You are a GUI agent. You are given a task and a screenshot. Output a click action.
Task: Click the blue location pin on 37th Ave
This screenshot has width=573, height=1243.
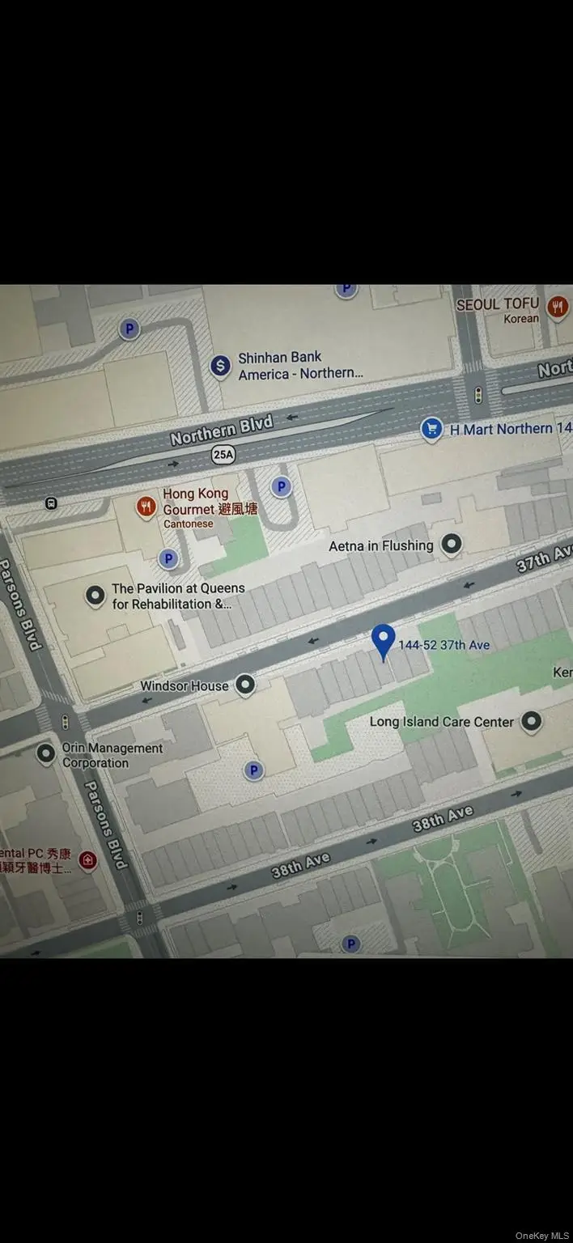[383, 640]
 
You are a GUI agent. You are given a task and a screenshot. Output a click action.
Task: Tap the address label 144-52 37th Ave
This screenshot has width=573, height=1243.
[444, 645]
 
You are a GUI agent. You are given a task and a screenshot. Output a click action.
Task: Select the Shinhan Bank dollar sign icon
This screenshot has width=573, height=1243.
[220, 366]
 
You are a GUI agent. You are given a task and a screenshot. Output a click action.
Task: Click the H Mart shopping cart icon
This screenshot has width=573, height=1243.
[432, 430]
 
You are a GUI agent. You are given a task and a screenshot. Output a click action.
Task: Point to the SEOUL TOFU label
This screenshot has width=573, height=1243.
[498, 304]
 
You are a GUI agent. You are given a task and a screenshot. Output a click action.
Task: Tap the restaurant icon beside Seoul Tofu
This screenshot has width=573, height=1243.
[557, 306]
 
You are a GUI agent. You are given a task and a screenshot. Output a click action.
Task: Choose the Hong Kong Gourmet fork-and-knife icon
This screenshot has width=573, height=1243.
[146, 507]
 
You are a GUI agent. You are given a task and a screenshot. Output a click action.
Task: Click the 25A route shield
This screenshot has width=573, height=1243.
[223, 455]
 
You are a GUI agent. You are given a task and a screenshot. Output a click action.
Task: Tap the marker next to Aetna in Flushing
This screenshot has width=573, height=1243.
[452, 544]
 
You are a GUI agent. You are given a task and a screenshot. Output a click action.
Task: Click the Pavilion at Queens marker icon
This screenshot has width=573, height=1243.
[95, 596]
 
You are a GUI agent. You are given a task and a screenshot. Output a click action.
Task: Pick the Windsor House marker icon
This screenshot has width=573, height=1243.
[244, 685]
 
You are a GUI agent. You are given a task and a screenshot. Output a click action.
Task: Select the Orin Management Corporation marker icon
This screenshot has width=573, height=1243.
[46, 753]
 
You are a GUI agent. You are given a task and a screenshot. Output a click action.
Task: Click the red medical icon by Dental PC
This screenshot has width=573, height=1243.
[88, 859]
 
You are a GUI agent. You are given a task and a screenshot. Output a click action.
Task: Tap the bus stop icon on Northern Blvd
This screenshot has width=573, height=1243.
[51, 503]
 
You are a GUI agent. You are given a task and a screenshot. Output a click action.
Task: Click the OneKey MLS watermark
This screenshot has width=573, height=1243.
[541, 1236]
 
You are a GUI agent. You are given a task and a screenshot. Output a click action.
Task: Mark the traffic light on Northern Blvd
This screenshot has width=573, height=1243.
[478, 395]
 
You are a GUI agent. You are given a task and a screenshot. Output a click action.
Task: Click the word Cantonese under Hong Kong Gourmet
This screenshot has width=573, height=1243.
[188, 524]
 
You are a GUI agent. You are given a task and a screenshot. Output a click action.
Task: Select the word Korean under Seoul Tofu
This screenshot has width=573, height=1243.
[520, 319]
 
